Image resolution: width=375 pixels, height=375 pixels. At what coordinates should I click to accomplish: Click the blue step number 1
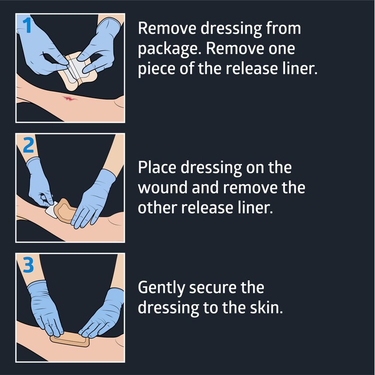(28, 26)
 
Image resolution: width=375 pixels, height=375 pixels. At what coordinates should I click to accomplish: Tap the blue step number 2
(28, 145)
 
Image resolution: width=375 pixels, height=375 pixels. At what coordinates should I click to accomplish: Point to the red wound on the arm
(69, 98)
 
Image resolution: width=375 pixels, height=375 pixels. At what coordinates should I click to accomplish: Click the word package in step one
(168, 49)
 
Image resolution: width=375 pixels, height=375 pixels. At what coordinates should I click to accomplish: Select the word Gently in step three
(161, 288)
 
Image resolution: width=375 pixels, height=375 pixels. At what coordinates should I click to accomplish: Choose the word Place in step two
(157, 167)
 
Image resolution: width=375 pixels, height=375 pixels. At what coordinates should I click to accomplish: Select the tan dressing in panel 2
(65, 210)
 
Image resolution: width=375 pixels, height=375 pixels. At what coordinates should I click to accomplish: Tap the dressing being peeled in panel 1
(76, 71)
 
